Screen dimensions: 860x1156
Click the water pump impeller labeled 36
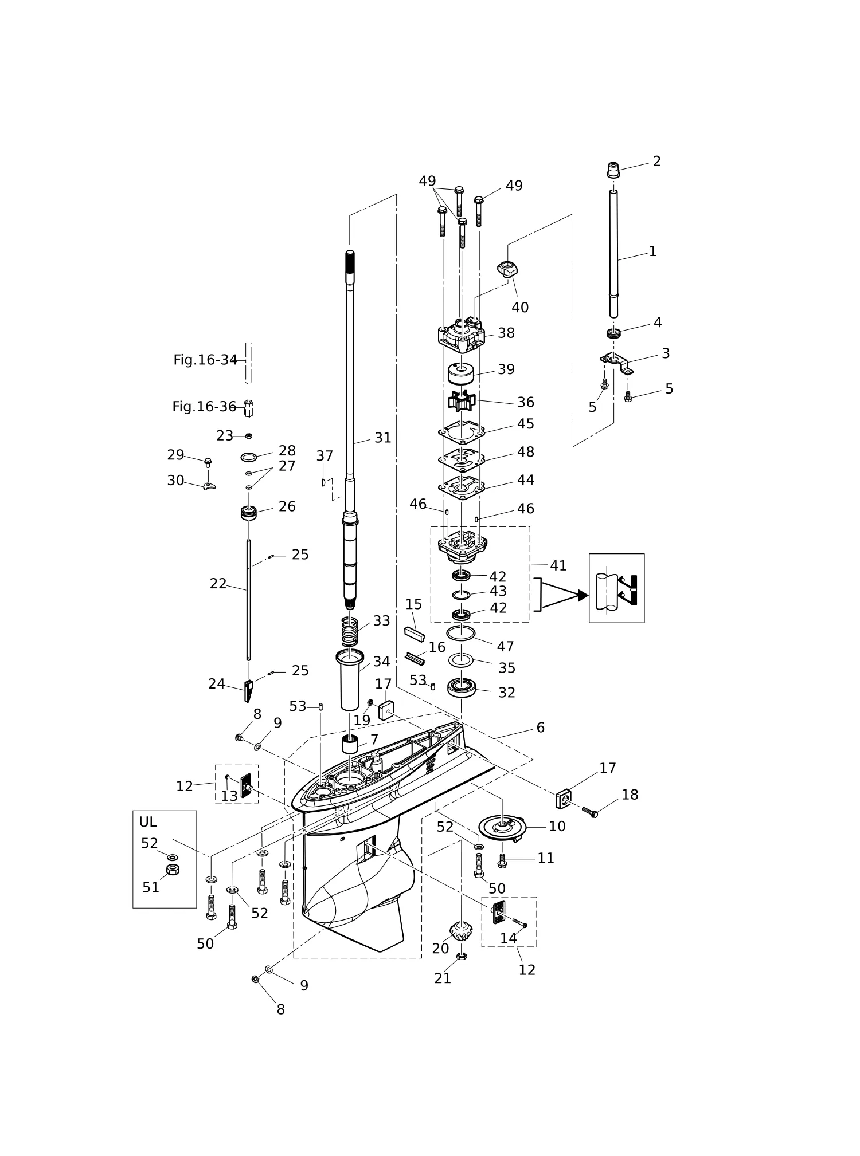462,400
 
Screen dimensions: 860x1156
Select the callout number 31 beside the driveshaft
382,438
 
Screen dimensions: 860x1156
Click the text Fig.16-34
205,360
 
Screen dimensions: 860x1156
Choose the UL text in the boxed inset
148,822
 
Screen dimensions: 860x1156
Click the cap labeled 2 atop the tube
613,170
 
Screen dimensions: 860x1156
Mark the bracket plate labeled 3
616,363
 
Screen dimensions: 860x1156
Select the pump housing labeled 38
461,335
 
